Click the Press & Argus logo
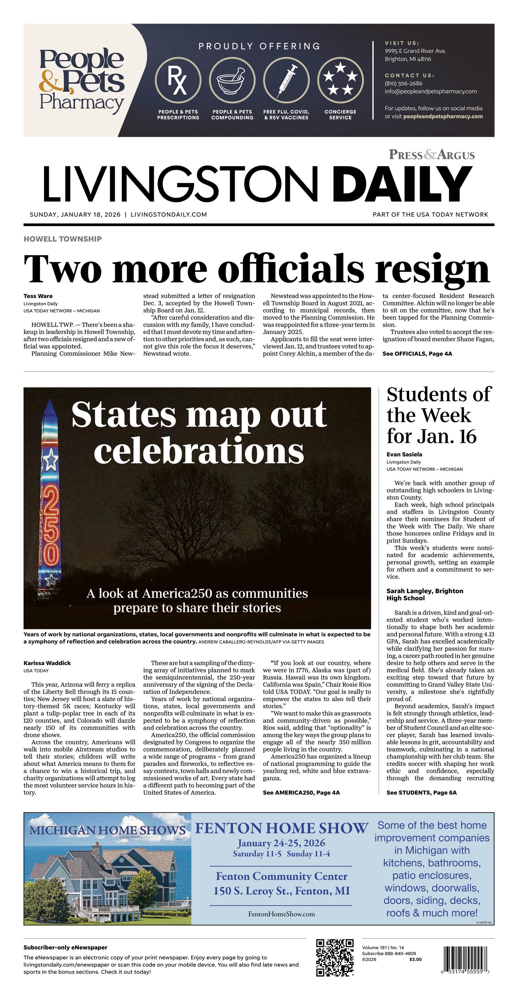(x=432, y=155)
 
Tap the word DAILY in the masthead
(x=402, y=184)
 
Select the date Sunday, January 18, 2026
(x=75, y=214)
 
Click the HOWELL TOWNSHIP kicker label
(x=62, y=239)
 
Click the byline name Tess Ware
(x=38, y=296)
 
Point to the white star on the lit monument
(x=50, y=461)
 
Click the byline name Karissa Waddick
(x=47, y=663)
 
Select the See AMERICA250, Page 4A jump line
(x=301, y=782)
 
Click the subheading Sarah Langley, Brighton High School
(x=425, y=594)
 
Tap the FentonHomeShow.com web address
(x=282, y=914)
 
